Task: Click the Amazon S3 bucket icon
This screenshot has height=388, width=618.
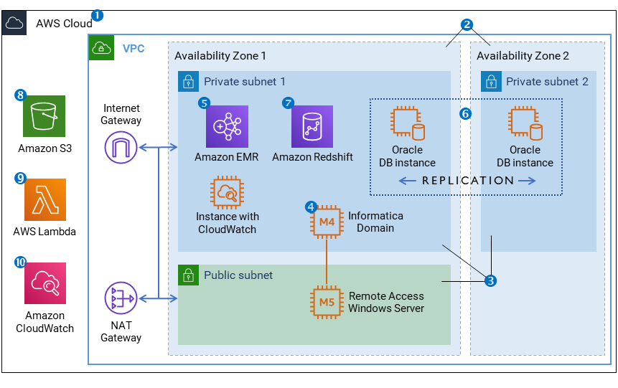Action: tap(44, 116)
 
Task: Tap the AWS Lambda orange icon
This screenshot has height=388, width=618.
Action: tap(45, 199)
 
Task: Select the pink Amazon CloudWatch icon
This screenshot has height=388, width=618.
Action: tap(45, 283)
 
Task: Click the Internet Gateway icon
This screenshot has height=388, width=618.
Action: tap(121, 148)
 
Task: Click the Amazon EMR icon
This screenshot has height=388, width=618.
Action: tap(227, 126)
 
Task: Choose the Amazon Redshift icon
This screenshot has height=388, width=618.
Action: tap(312, 126)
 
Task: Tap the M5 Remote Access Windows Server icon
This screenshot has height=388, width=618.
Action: tap(327, 302)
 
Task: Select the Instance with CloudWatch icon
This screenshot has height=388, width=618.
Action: tap(227, 191)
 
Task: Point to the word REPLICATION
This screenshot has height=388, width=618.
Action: tap(467, 181)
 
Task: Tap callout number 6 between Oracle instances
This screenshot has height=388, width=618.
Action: tap(465, 114)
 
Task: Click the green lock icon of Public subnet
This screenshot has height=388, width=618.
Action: tap(187, 275)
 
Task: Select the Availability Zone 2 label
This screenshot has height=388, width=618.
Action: tap(523, 55)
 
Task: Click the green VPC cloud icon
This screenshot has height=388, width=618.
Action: tap(100, 48)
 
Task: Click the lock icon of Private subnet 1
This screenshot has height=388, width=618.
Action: tap(187, 81)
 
